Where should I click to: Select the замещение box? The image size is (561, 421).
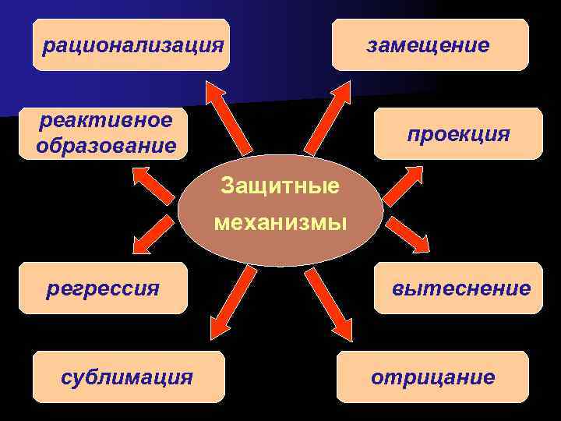(429, 45)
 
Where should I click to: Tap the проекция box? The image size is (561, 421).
(457, 134)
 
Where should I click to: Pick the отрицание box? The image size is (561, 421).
(432, 377)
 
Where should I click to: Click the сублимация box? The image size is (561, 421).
(128, 377)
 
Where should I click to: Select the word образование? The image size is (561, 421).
(105, 146)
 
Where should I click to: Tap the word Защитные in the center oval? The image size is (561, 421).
(280, 186)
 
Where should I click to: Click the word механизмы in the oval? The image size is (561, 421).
(280, 224)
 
